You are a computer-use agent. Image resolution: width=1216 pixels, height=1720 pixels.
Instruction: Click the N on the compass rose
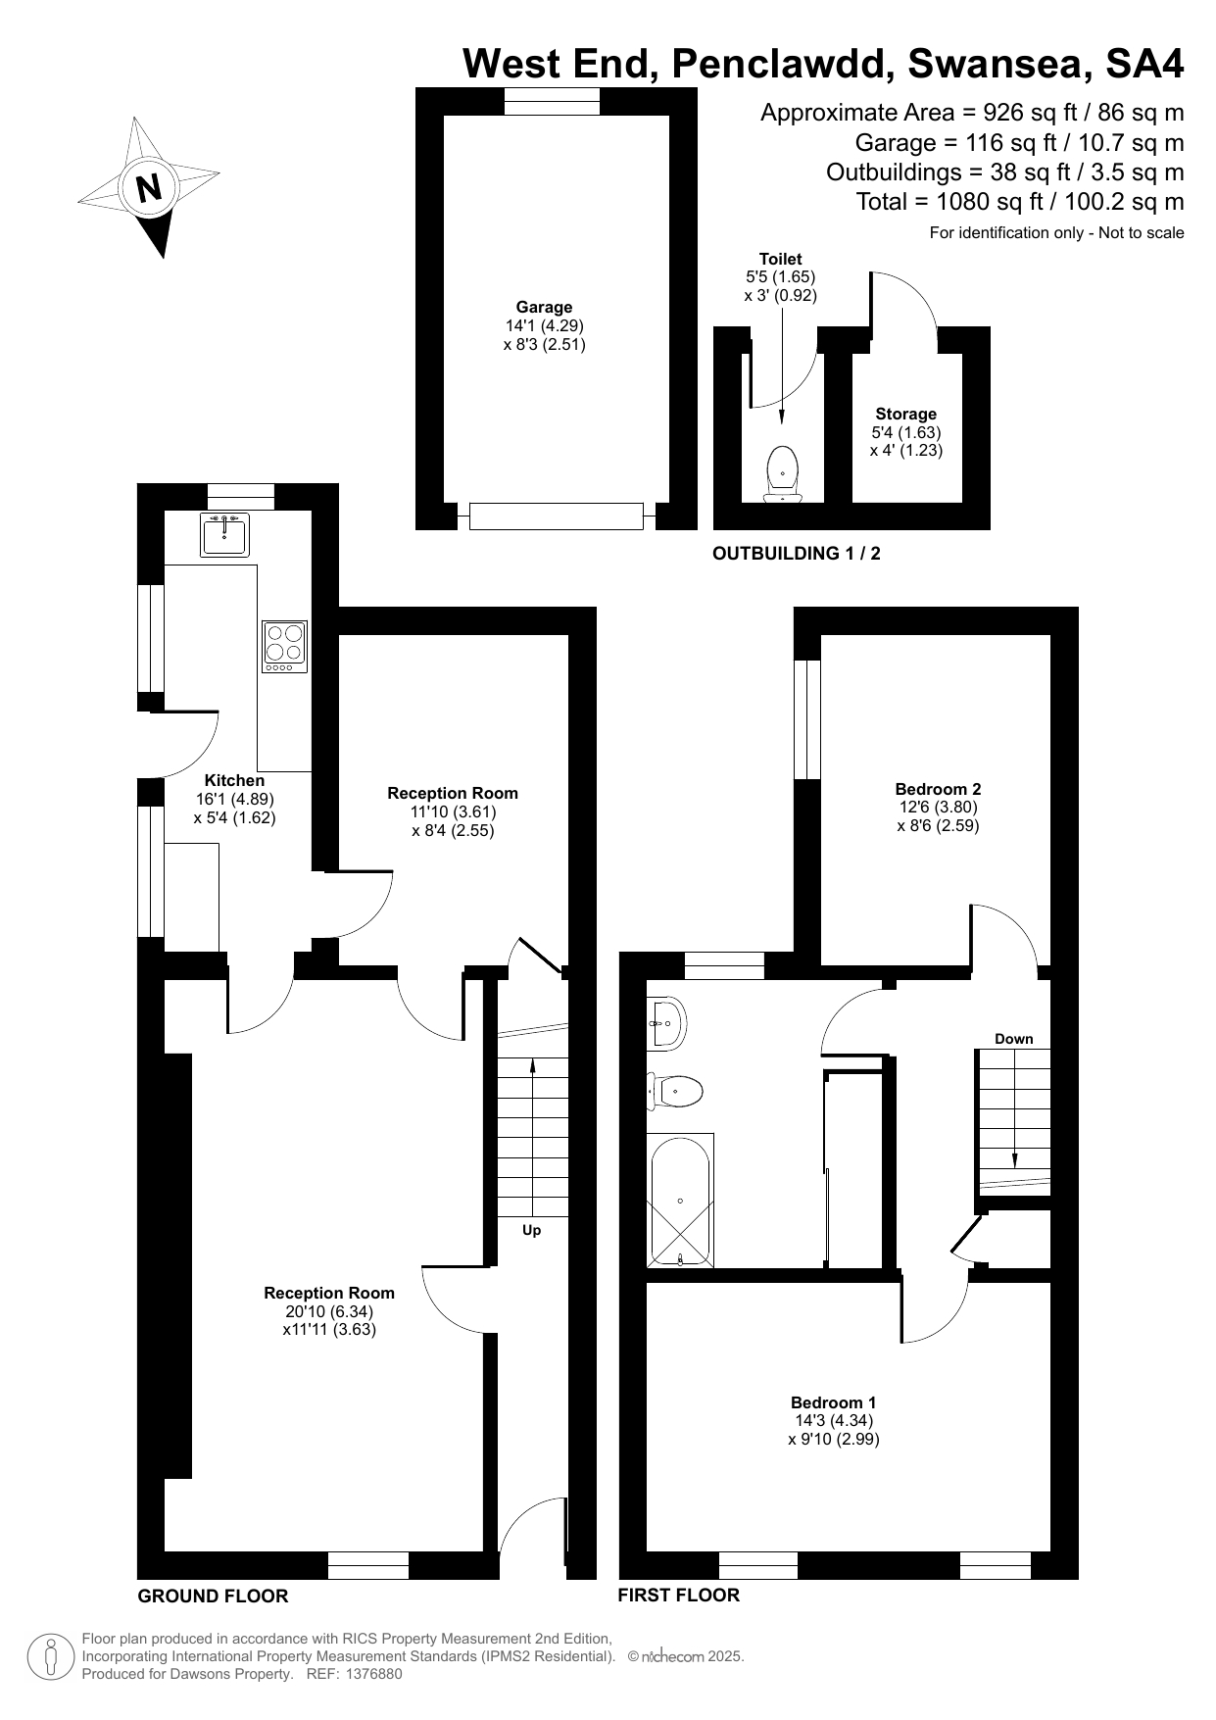coord(149,187)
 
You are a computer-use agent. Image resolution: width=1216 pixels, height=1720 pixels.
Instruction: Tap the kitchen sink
coord(224,534)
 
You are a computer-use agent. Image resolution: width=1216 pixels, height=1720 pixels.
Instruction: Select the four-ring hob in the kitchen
coord(284,647)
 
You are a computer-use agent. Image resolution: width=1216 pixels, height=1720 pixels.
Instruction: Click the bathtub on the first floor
coord(680,1201)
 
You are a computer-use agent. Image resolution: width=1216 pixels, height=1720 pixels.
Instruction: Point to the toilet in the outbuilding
coord(782,474)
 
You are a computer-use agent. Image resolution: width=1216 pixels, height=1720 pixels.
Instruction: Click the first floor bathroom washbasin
coord(666,1024)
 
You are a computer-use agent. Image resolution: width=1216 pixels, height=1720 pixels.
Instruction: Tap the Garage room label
coord(544,307)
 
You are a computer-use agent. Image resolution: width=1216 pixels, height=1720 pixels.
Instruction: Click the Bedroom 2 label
coord(938,789)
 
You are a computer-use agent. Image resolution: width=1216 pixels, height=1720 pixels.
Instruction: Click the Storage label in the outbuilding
coord(906,414)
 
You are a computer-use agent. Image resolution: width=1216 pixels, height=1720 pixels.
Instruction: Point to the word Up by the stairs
coord(531,1230)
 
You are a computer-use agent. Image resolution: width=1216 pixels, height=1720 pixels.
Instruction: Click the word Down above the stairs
coord(1013,1039)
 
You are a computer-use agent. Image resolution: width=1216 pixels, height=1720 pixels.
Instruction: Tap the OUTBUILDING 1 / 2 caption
coord(797,554)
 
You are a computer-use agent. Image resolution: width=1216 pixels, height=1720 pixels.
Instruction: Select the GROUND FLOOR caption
coord(213,1596)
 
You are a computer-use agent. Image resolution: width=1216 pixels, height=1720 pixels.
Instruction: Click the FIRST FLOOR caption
coord(678,1595)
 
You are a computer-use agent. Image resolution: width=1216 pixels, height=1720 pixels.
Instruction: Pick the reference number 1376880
coord(369,1674)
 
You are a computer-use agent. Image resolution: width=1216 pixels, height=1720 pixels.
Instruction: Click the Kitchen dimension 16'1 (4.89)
coord(235,799)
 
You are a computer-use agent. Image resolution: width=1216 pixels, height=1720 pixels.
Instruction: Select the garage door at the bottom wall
coord(556,516)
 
